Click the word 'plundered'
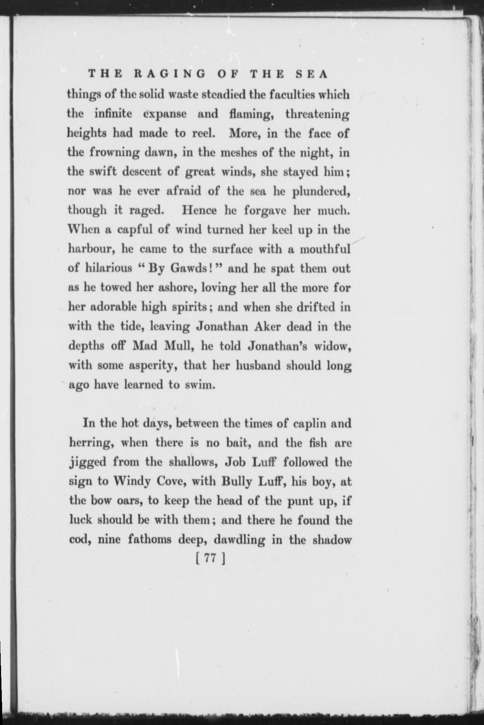point(321,192)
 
